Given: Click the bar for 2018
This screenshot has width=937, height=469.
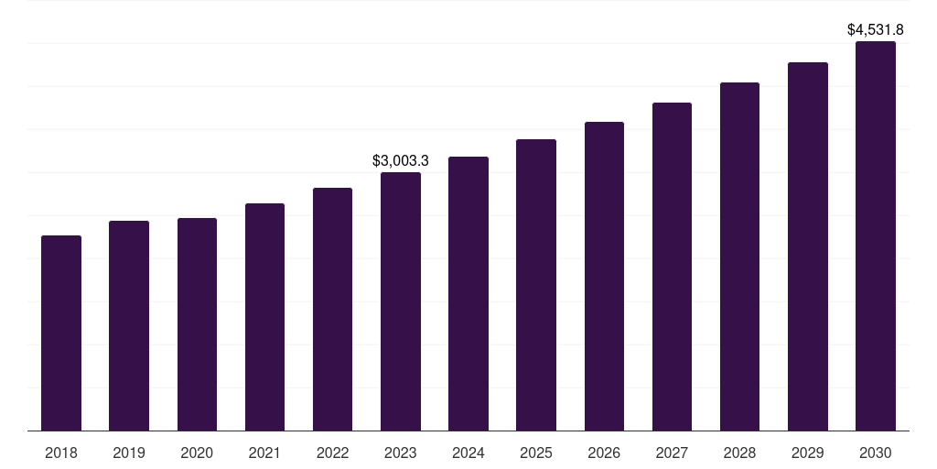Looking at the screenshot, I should click(61, 333).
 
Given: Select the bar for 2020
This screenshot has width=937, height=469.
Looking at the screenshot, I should click(197, 324).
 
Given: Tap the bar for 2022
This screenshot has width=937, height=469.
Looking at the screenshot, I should click(332, 310).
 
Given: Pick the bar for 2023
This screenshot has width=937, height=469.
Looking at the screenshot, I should click(401, 301).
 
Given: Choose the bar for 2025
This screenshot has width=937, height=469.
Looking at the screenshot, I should click(536, 285).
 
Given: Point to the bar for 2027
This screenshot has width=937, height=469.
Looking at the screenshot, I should click(672, 267).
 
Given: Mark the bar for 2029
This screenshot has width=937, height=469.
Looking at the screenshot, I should click(808, 246).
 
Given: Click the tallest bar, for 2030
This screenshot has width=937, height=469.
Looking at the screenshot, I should click(876, 236).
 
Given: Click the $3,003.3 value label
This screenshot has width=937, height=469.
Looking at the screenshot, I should click(401, 161).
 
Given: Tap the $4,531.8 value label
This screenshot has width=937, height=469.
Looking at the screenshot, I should click(876, 30).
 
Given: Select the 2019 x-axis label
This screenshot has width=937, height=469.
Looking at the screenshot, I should click(129, 453).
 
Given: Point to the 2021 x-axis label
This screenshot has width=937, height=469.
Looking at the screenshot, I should click(264, 453).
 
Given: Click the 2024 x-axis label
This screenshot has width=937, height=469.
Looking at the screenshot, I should click(468, 453).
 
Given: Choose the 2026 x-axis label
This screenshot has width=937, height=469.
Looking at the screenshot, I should click(604, 453).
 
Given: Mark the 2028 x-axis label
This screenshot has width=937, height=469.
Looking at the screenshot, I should click(739, 453).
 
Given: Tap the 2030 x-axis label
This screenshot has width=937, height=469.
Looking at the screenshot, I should click(876, 453).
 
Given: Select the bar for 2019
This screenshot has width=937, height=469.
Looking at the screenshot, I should click(129, 326).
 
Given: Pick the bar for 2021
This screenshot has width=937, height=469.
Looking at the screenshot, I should click(264, 317).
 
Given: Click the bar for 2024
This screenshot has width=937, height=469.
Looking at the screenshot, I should click(468, 294).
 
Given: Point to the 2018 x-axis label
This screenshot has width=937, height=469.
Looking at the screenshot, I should click(61, 453).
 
